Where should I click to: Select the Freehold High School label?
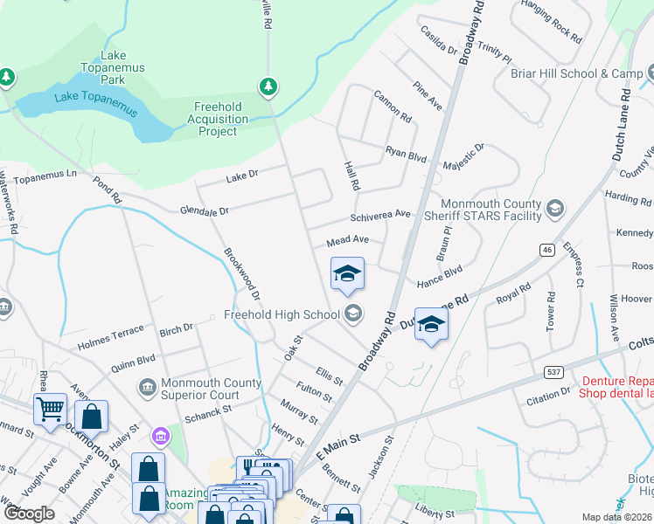pos(282,314)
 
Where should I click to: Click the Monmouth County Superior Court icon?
pos(146,385)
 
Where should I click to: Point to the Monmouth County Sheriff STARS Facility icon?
pos(553,209)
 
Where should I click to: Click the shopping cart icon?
pos(51,408)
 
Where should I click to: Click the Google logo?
pos(28,514)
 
